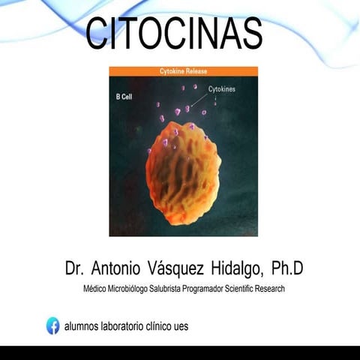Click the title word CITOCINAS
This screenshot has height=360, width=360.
[x=173, y=34]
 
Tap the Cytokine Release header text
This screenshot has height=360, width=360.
[x=183, y=71]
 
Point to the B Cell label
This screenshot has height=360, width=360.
[x=124, y=97]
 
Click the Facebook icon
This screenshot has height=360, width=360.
[x=53, y=325]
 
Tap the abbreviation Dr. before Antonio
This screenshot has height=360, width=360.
[x=73, y=267]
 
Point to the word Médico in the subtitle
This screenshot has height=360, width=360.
[x=95, y=288]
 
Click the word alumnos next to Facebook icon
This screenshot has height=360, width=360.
[x=85, y=325]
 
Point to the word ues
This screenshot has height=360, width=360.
[x=180, y=325]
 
